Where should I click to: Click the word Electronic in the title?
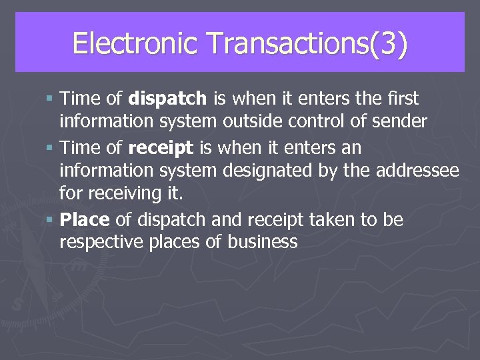point(135,44)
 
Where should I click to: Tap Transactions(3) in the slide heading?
point(307,44)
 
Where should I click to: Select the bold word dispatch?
point(167,99)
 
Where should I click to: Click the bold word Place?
point(85,219)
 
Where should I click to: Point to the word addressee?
point(417,171)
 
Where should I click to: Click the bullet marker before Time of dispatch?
point(51,99)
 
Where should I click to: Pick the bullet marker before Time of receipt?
point(51,147)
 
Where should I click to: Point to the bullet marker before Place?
point(51,219)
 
